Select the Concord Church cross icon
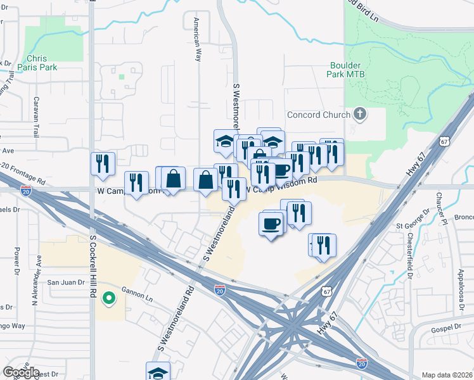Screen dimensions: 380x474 [x=360, y=115]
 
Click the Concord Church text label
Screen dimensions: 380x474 [x=319, y=115]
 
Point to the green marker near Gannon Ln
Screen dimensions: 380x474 [x=109, y=296]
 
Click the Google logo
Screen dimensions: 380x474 [x=21, y=372]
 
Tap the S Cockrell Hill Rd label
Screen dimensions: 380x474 [x=92, y=259]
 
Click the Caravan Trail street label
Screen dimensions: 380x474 [x=36, y=118]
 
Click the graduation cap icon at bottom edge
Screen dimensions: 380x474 [x=158, y=372]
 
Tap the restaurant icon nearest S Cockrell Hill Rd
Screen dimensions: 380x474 [x=103, y=164]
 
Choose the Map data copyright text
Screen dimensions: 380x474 [x=447, y=375]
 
